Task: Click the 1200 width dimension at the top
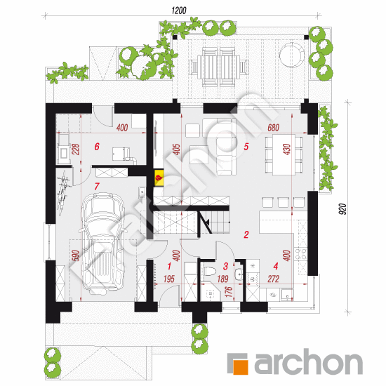tap(180, 11)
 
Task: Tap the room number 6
tap(98, 147)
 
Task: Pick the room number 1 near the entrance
tap(168, 266)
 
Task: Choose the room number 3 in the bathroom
tap(225, 266)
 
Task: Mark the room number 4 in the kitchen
tap(275, 266)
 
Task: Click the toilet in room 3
tap(208, 270)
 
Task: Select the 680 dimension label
tap(274, 129)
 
